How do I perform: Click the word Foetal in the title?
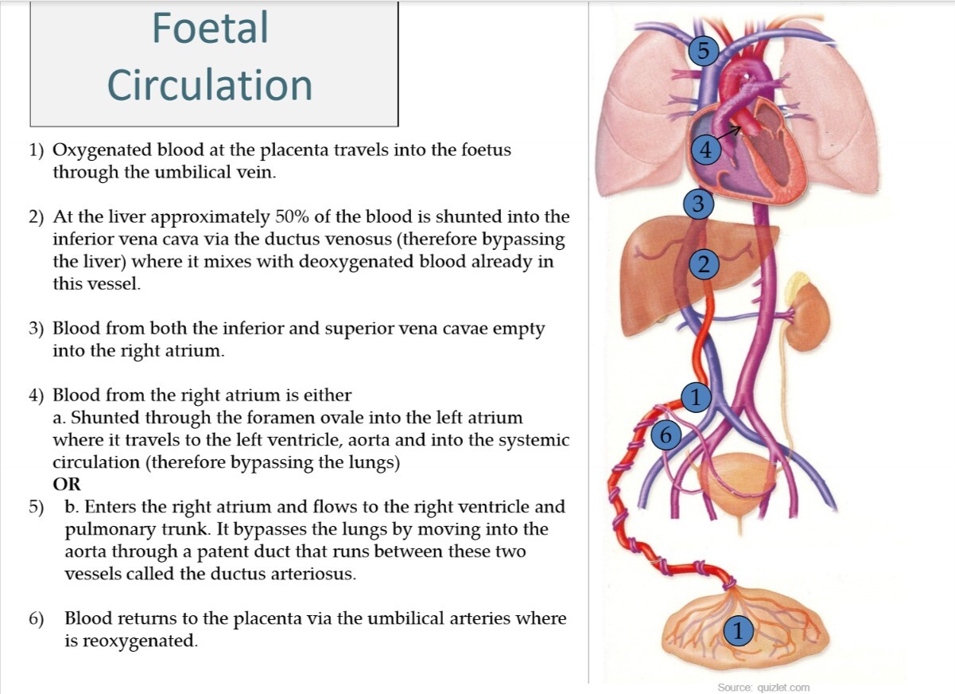210,28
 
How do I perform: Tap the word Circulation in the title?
210,84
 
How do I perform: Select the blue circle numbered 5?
703,51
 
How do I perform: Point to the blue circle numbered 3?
698,204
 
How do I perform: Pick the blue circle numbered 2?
703,263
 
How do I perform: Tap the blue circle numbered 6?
666,435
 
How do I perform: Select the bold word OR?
67,484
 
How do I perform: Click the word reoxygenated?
129,641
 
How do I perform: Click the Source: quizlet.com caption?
763,688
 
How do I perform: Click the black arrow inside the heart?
738,130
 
